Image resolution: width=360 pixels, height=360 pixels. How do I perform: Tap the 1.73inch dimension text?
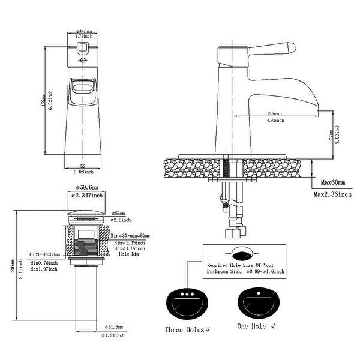coord(83,37)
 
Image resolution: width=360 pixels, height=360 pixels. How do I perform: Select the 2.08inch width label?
coord(82,172)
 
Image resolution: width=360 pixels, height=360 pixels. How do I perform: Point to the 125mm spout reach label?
coord(274,113)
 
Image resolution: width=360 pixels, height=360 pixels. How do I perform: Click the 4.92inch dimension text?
coord(274,120)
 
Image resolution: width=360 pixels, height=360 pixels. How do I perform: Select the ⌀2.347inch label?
coord(88,196)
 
